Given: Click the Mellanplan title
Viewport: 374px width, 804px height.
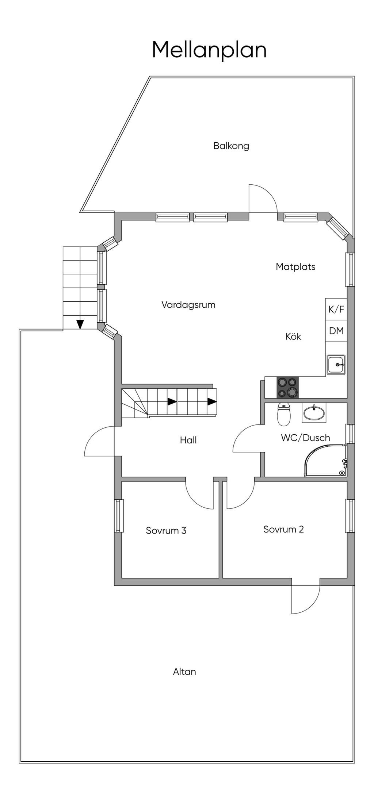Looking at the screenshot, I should click(x=209, y=50).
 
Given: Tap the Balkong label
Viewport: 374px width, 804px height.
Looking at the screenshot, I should click(x=231, y=146).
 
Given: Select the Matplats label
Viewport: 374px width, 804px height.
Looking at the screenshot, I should click(x=295, y=267).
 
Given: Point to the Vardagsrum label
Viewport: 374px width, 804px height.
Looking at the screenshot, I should click(x=188, y=305).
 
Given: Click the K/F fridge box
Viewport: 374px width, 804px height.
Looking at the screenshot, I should click(x=336, y=309).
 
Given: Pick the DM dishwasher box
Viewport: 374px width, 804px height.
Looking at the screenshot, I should click(x=336, y=331).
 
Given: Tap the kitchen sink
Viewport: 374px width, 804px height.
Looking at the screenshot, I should click(x=336, y=364).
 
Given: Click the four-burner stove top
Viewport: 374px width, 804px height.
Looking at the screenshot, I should click(x=287, y=387).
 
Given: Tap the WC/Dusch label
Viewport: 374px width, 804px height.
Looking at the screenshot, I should click(x=305, y=438).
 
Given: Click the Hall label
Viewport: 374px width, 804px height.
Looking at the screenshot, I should click(x=188, y=440).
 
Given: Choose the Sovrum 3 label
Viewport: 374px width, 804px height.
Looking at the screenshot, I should click(x=166, y=530).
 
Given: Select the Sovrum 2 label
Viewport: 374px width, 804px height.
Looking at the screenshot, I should click(x=283, y=529).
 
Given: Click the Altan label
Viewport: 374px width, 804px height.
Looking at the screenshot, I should click(x=184, y=672).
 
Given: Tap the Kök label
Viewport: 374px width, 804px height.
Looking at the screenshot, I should click(x=293, y=336).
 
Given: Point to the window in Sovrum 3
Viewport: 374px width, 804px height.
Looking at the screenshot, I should click(x=118, y=516).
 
